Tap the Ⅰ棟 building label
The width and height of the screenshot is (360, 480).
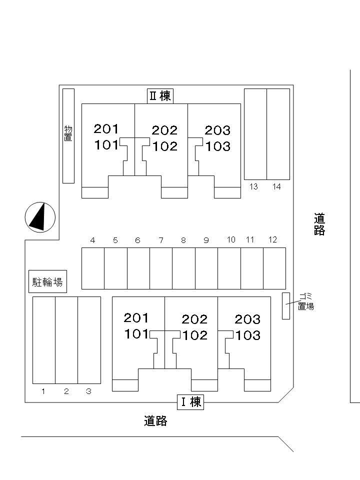190,401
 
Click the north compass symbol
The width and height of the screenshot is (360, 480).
40,216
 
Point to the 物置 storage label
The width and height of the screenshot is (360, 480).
68,133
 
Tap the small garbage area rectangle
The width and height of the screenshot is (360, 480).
286,305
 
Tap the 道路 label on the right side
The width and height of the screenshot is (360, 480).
319,224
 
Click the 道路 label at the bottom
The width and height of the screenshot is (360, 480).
155,421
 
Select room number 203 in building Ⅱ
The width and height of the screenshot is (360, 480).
217,130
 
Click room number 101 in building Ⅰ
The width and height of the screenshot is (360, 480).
136,333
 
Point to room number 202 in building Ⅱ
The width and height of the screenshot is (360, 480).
164,130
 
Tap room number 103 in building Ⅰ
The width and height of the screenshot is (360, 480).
247,335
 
